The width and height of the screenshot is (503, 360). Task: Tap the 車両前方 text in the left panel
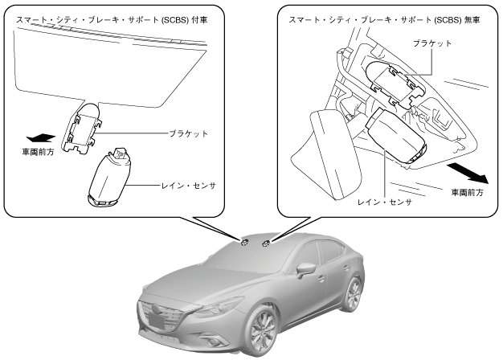tap(38, 151)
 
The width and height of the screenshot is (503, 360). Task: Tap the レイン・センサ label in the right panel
tap(386, 202)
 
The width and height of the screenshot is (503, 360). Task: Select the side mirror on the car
tap(305, 268)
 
